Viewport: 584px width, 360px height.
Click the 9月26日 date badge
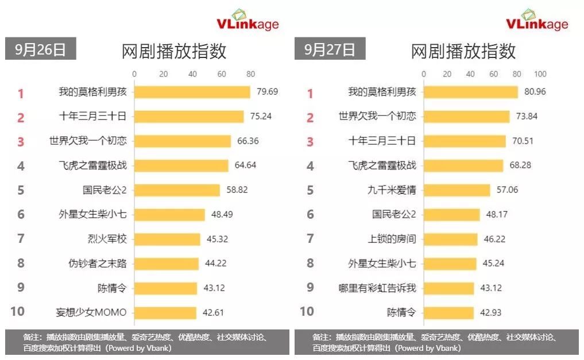pyautogui.click(x=40, y=49)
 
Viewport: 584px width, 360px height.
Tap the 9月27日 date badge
pyautogui.click(x=330, y=49)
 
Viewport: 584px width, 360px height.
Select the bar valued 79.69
pyautogui.click(x=192, y=92)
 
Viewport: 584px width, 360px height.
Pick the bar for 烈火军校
pyautogui.click(x=167, y=239)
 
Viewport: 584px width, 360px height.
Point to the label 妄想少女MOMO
pyautogui.click(x=91, y=312)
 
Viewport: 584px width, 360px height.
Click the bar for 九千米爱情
pyautogui.click(x=457, y=190)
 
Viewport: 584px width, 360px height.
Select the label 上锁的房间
pyautogui.click(x=392, y=239)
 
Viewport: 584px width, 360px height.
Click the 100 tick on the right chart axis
pyautogui.click(x=540, y=74)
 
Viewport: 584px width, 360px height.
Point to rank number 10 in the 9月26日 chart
pyautogui.click(x=18, y=312)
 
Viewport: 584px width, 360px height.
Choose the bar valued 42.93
pyautogui.click(x=448, y=312)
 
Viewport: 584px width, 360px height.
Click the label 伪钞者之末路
pyautogui.click(x=98, y=264)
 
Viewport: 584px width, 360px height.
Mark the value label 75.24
pyautogui.click(x=261, y=117)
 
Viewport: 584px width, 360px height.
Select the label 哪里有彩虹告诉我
pyautogui.click(x=377, y=288)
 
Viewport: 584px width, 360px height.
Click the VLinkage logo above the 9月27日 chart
pyautogui.click(x=536, y=21)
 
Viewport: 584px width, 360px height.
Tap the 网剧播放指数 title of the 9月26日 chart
pyautogui.click(x=174, y=51)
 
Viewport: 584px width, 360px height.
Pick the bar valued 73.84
pyautogui.click(x=466, y=117)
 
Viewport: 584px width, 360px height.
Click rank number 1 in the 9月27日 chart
pyautogui.click(x=310, y=93)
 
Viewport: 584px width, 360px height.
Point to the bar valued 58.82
pyautogui.click(x=177, y=190)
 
